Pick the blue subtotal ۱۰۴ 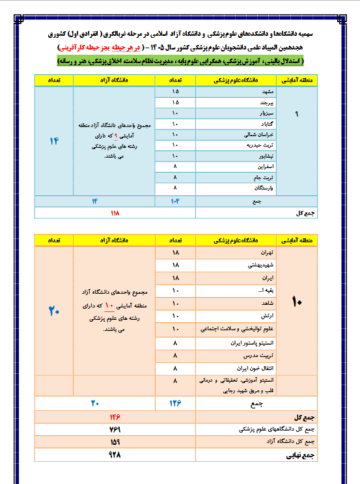175,200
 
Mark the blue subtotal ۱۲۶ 175,403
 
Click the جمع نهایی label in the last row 299,456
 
